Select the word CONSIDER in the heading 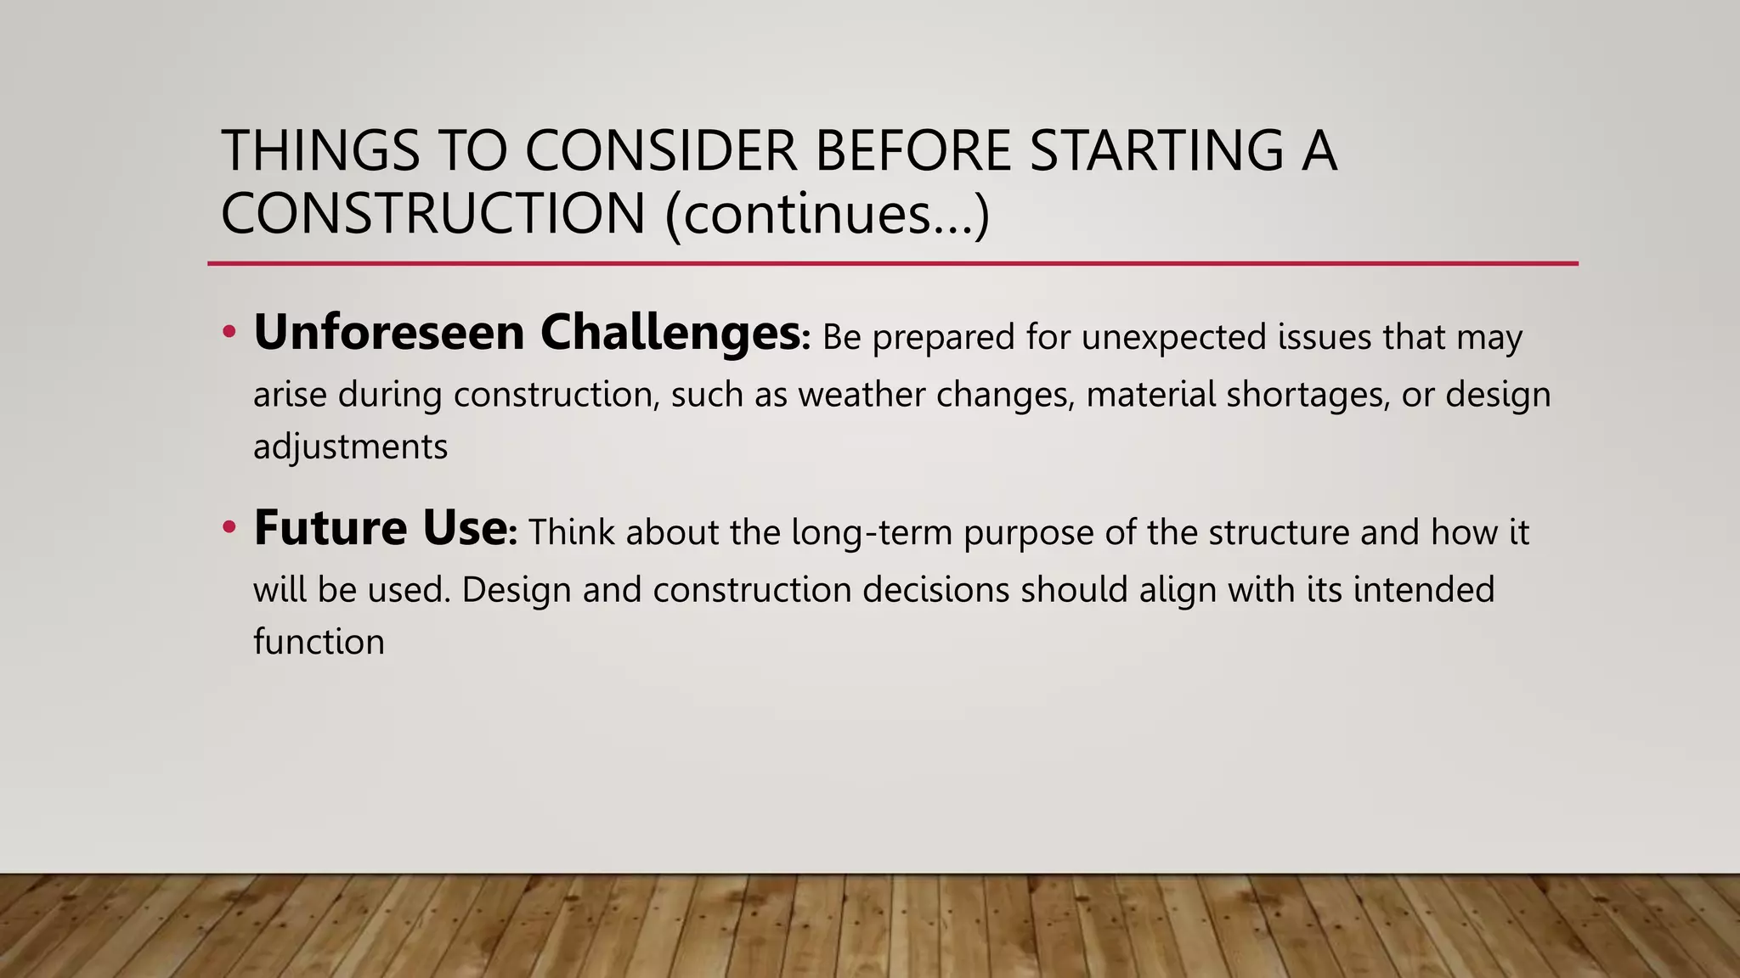coord(661,150)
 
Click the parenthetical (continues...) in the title coord(828,214)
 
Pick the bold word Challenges coord(670,332)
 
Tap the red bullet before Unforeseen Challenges coord(228,333)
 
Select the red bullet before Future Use coord(228,528)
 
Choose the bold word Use coord(465,528)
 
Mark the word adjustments coord(350,447)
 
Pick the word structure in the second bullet coord(1278,533)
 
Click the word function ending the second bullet coord(319,642)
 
